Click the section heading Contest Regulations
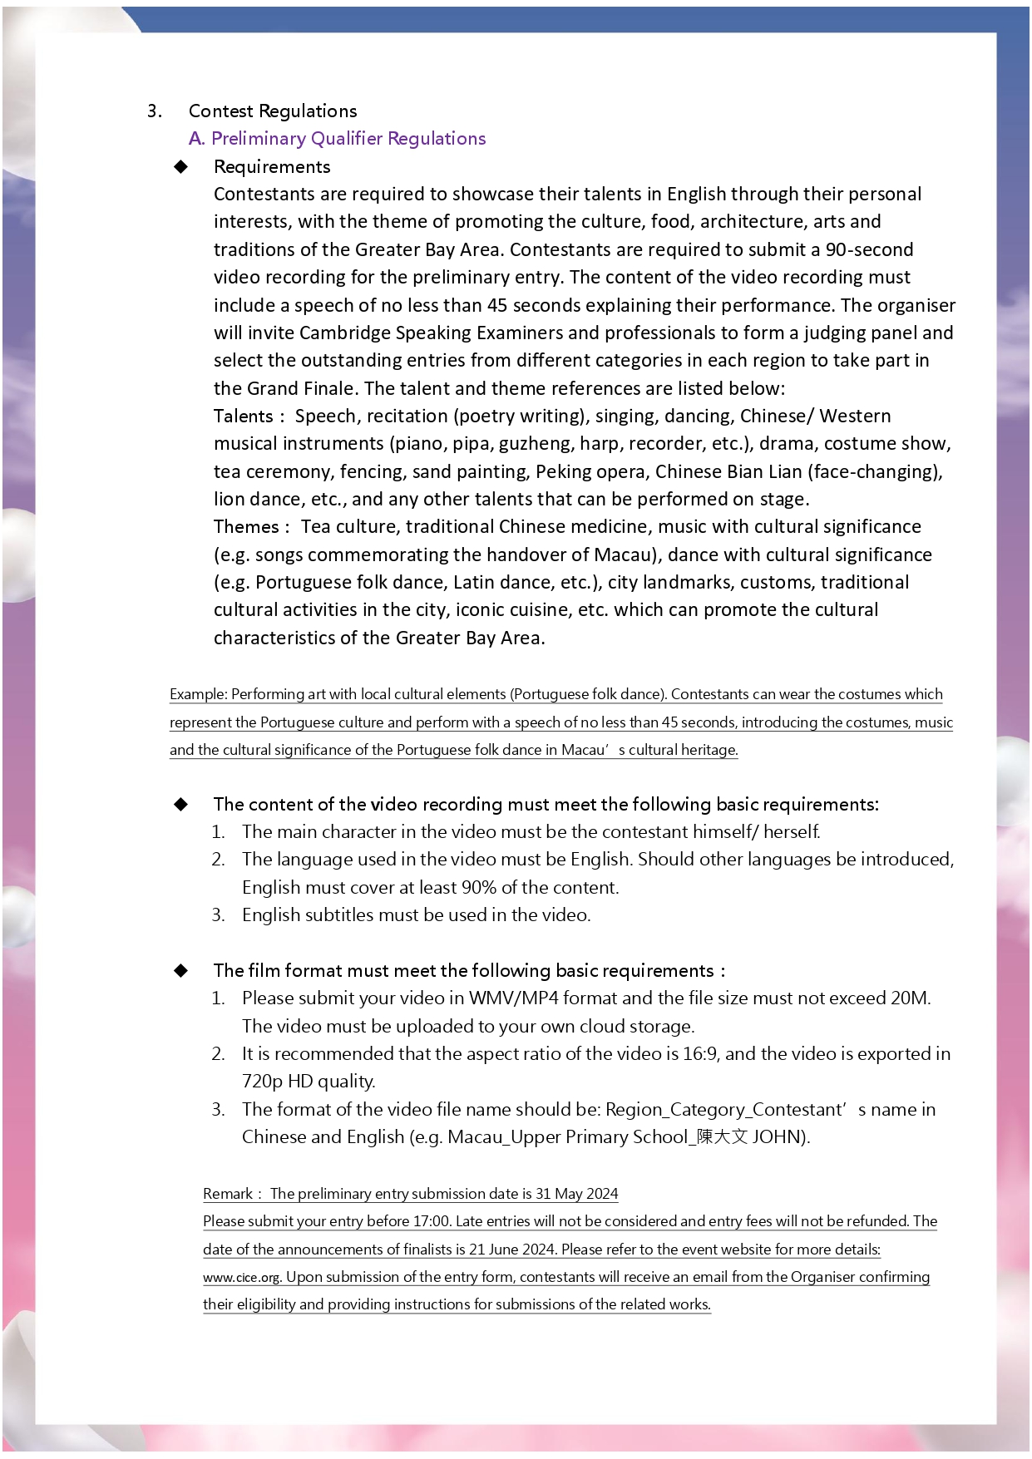tap(273, 111)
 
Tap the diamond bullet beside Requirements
tap(181, 167)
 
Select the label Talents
tap(243, 417)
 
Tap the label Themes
tap(246, 527)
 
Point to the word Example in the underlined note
tap(197, 694)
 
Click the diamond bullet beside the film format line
tap(181, 971)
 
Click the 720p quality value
tap(263, 1082)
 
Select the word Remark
tap(228, 1194)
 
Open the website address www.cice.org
tap(242, 1277)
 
